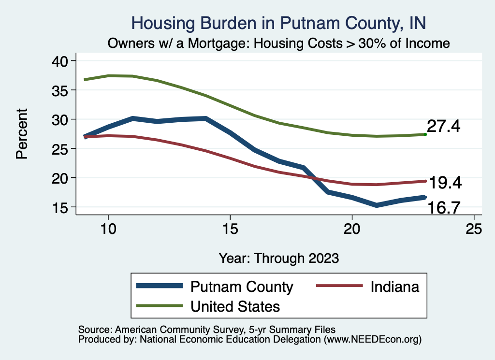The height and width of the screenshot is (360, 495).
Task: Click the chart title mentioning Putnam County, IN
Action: (278, 23)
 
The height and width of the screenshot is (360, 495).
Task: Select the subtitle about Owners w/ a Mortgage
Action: (278, 43)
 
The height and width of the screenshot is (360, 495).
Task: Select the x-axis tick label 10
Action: (108, 229)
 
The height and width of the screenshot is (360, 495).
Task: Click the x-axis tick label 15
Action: (230, 229)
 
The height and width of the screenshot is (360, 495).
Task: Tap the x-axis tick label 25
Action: (474, 229)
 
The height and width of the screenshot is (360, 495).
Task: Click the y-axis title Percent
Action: (21, 134)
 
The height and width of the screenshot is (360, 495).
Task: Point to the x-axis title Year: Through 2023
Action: (278, 257)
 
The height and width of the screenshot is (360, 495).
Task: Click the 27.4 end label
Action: (443, 127)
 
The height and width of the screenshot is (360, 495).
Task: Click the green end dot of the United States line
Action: (425, 134)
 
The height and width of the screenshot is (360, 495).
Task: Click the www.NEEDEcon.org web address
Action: (372, 340)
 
